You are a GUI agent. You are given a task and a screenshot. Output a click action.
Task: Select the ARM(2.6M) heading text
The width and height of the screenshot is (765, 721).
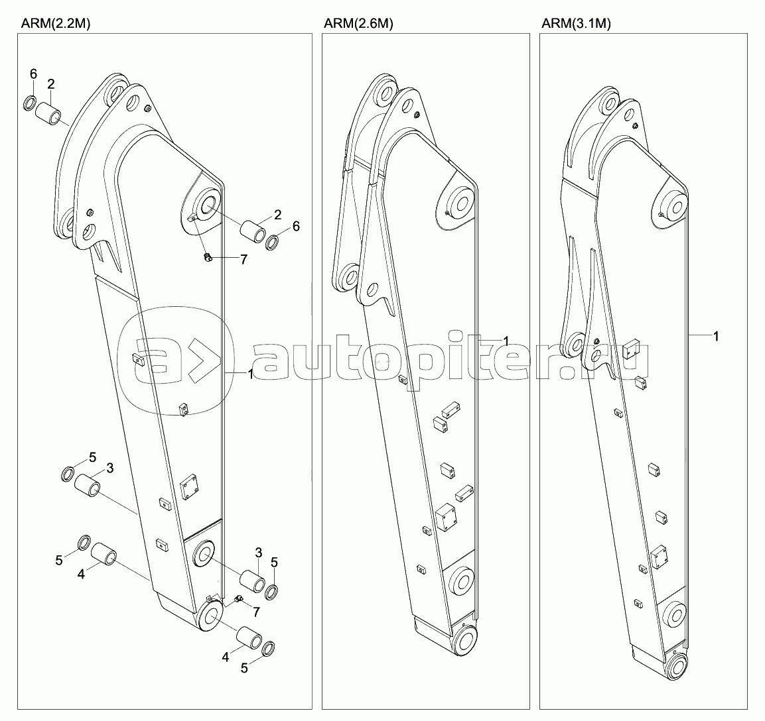tap(358, 23)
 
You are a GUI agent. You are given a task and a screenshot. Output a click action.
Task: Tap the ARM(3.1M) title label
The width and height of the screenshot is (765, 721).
tap(577, 23)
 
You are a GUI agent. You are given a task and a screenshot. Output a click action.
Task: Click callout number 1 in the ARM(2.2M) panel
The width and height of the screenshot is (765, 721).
tap(251, 374)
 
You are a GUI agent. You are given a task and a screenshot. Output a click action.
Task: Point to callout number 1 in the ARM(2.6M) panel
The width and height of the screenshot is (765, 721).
tap(506, 341)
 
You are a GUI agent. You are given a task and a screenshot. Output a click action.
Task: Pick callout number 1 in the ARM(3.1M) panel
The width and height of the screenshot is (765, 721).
tap(716, 337)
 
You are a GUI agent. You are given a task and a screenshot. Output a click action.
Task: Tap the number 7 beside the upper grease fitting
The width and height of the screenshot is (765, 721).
tap(243, 260)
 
